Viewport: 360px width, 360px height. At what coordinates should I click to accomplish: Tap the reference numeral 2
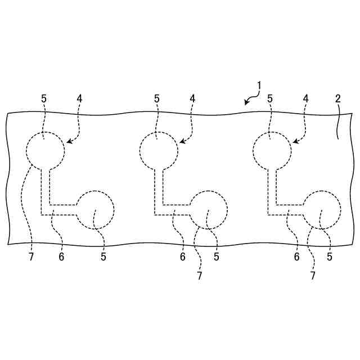point(338,98)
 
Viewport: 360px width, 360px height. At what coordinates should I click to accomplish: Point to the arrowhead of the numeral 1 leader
point(246,103)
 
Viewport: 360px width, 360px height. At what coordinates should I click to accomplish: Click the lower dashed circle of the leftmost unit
point(95,210)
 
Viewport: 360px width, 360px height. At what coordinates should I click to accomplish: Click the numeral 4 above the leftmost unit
point(79,98)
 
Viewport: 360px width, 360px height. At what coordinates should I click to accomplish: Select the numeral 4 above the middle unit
point(192,98)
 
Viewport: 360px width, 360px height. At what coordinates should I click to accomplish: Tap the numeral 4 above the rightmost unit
point(306,98)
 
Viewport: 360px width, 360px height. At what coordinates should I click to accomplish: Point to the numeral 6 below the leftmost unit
point(61,258)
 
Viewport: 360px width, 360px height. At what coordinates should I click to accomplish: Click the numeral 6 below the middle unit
point(182,258)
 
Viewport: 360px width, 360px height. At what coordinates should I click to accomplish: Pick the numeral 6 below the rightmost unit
point(296,258)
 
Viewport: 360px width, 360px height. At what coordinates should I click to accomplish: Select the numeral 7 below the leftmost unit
point(31,258)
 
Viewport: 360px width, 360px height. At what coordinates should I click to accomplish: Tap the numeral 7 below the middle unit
point(199,276)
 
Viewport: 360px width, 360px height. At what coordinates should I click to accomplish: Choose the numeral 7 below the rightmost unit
point(313,276)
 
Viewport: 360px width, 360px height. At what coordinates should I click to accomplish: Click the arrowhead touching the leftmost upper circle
point(68,142)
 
